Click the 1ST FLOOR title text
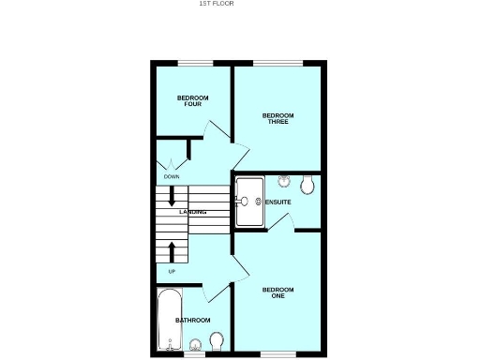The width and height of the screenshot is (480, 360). [x=216, y=4]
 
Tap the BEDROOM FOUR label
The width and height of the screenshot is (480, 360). [x=193, y=100]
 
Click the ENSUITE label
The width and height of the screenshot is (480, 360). [x=278, y=202]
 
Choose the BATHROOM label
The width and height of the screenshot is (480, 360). [x=193, y=321]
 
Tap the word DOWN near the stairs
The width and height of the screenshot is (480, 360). [x=172, y=176]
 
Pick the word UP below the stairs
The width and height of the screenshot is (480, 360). [x=172, y=272]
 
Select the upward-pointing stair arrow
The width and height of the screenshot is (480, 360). [x=172, y=250]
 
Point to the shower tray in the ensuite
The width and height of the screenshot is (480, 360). [x=249, y=201]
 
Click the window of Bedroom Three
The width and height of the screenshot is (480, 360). [x=277, y=64]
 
